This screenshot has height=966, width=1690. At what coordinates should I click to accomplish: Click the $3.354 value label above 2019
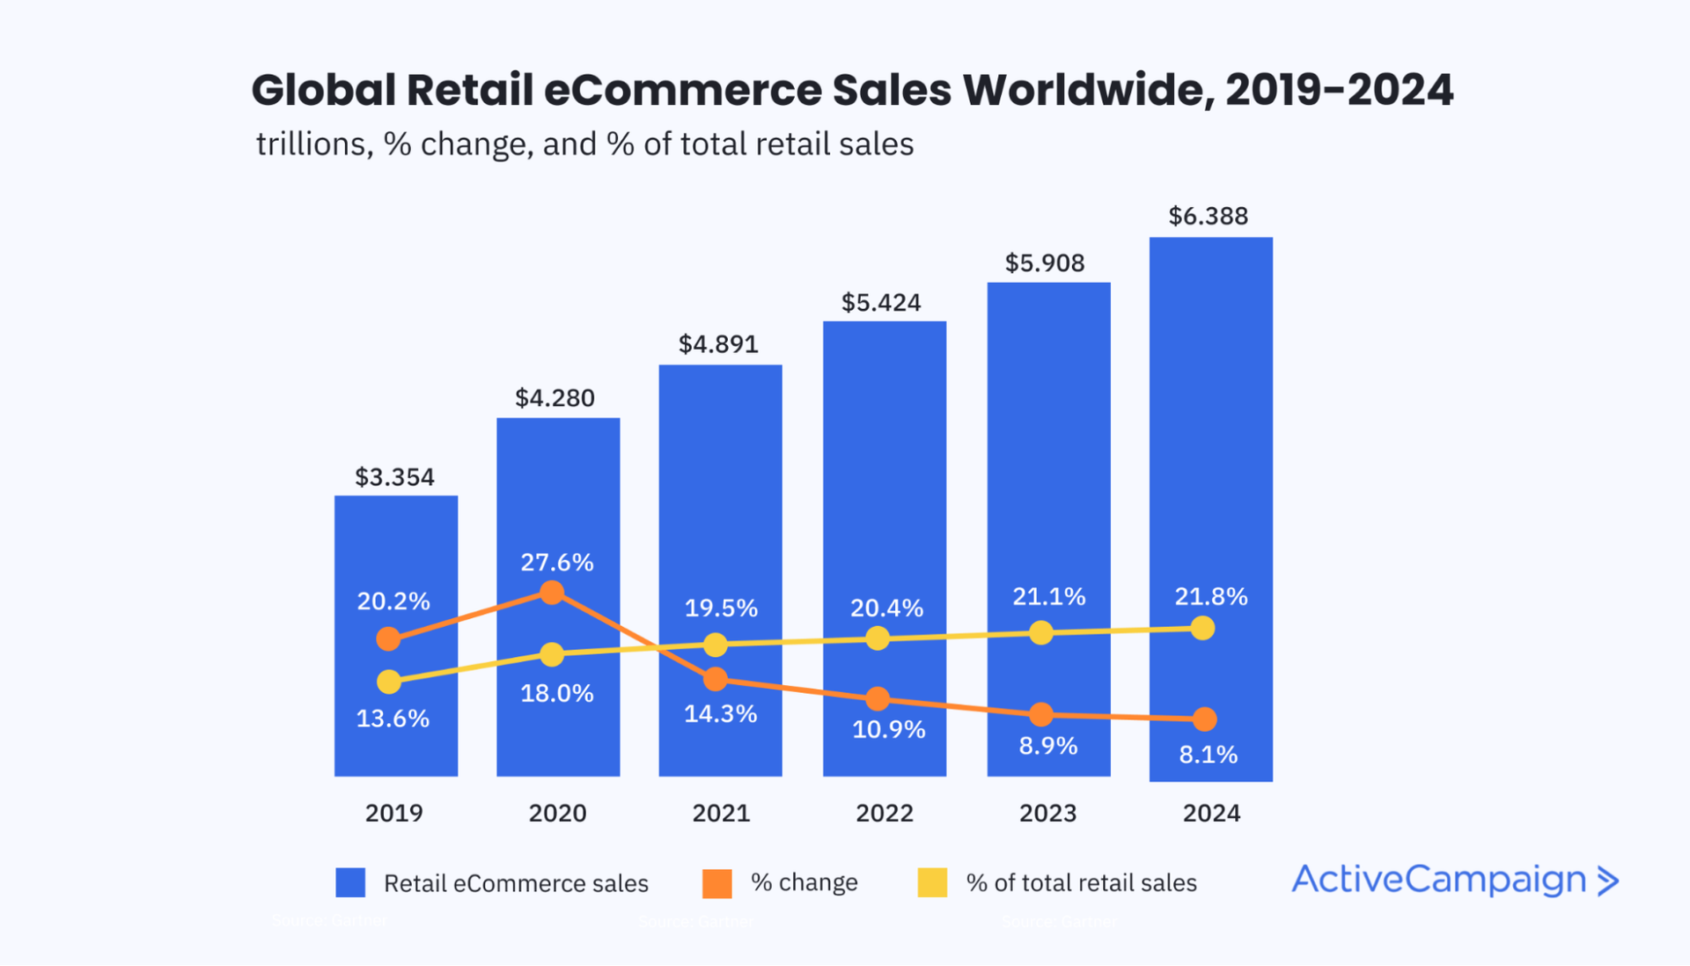click(394, 477)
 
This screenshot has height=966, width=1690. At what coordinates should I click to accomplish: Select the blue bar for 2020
click(558, 493)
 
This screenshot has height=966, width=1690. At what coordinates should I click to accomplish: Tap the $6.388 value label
click(1208, 217)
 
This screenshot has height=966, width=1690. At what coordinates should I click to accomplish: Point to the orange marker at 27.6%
click(552, 593)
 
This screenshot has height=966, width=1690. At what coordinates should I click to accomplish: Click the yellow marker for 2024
click(1202, 628)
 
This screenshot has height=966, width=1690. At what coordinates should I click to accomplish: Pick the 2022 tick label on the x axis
click(885, 813)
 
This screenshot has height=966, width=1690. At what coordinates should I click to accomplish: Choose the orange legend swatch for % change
click(717, 882)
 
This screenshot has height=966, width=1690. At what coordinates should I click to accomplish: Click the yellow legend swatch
click(932, 882)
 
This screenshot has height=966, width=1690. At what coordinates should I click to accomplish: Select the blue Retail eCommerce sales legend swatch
click(350, 882)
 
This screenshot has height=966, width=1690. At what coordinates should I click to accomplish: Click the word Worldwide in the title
click(1087, 90)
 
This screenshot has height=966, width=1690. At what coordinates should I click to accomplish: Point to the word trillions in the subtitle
click(311, 144)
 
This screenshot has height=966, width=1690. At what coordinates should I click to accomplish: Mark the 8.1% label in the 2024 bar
click(1208, 755)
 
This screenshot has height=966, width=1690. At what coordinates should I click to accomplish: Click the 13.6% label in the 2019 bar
click(393, 719)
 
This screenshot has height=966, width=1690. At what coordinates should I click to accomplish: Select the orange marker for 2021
click(716, 679)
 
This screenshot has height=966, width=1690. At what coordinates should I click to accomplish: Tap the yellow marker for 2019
click(388, 682)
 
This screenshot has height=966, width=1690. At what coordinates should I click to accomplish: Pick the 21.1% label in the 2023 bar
click(1048, 597)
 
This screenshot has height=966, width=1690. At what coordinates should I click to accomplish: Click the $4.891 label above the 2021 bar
click(718, 344)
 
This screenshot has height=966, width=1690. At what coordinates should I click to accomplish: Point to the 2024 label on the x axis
click(1211, 813)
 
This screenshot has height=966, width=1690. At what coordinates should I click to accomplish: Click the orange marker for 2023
click(1041, 714)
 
